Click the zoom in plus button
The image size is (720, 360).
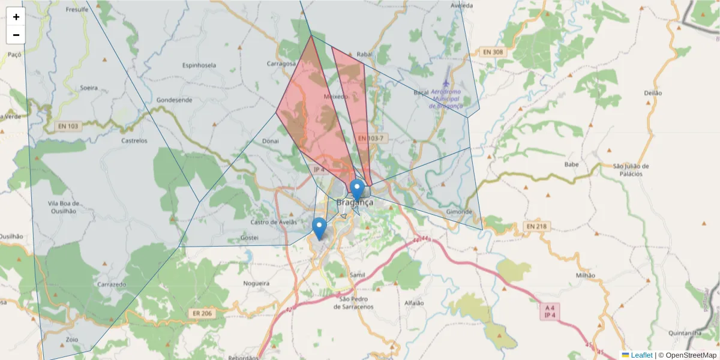16,17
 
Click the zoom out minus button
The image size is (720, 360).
16,35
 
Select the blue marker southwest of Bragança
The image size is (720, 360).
319,228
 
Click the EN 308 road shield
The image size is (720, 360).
494,52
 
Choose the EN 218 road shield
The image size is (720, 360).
537,226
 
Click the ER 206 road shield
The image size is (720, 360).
203,313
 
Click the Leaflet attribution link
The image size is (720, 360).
641,355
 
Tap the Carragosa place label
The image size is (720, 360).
281,63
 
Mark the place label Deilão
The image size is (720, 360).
652,93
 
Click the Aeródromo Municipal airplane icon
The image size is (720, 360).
446,82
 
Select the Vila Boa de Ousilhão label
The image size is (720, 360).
62,207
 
